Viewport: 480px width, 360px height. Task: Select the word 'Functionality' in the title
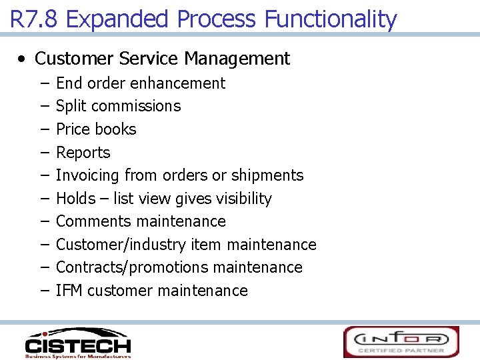[330, 19]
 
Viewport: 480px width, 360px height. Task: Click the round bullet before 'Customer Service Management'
[23, 59]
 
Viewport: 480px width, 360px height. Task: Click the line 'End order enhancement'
[141, 83]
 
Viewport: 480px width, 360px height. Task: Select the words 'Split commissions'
[118, 106]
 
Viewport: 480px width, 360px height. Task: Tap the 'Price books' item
[96, 129]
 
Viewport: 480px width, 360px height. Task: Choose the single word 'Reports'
[83, 153]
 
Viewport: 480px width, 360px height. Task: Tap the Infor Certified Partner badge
[401, 341]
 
